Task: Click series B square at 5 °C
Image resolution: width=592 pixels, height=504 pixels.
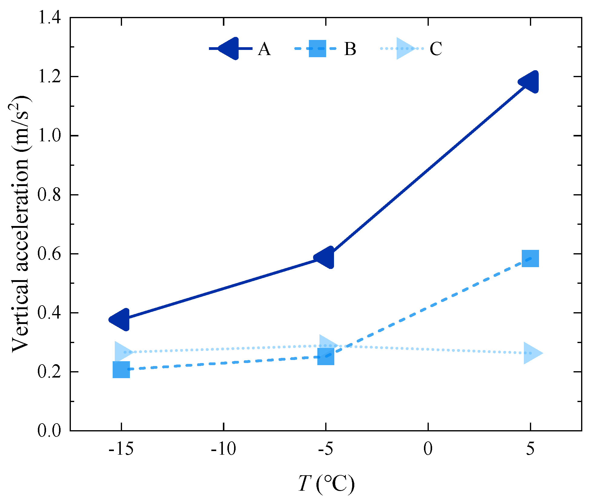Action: point(530,259)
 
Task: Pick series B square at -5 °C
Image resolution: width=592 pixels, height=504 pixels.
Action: point(326,356)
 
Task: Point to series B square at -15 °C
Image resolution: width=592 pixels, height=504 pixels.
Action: point(121,369)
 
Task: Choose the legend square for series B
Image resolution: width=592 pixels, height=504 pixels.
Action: point(317,48)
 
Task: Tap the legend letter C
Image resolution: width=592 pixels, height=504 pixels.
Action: point(436,49)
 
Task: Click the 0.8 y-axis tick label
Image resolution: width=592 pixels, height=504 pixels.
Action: point(49,195)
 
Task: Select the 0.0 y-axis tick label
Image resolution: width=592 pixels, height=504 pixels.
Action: point(49,430)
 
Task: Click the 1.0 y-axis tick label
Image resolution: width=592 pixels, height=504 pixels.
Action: point(49,136)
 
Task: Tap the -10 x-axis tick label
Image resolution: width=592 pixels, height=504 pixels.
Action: point(223,449)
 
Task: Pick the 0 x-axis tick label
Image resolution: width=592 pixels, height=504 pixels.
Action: point(428,449)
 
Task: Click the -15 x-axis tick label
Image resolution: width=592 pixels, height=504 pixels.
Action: point(121,449)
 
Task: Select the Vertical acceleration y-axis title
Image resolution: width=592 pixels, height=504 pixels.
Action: point(21,224)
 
